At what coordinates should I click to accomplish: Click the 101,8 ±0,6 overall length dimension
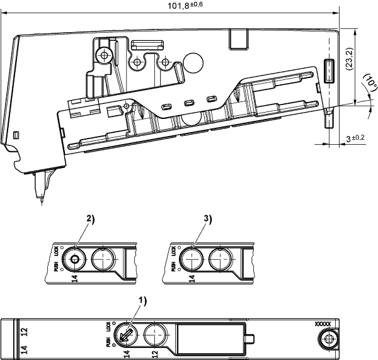[x=185, y=5]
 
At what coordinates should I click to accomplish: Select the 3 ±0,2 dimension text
[x=355, y=138]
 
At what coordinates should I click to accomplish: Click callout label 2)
[x=91, y=219]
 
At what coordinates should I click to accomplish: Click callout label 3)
[x=207, y=219]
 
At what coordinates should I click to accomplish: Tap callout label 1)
[x=142, y=301]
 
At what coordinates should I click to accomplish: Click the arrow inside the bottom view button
[x=126, y=335]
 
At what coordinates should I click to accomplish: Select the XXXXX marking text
[x=323, y=324]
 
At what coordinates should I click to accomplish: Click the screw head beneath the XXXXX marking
[x=328, y=339]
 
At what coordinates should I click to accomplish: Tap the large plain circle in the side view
[x=193, y=62]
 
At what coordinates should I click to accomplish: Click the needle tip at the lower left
[x=42, y=200]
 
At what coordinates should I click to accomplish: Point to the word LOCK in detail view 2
[x=56, y=251]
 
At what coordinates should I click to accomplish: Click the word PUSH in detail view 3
[x=173, y=267]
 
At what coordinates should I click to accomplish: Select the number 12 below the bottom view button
[x=155, y=354]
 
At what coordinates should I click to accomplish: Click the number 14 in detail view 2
[x=75, y=278]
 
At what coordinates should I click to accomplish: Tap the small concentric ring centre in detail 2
[x=74, y=259]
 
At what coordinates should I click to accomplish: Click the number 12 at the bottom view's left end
[x=24, y=332]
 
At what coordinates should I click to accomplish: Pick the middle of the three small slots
[x=189, y=103]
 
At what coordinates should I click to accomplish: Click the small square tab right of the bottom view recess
[x=250, y=339]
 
